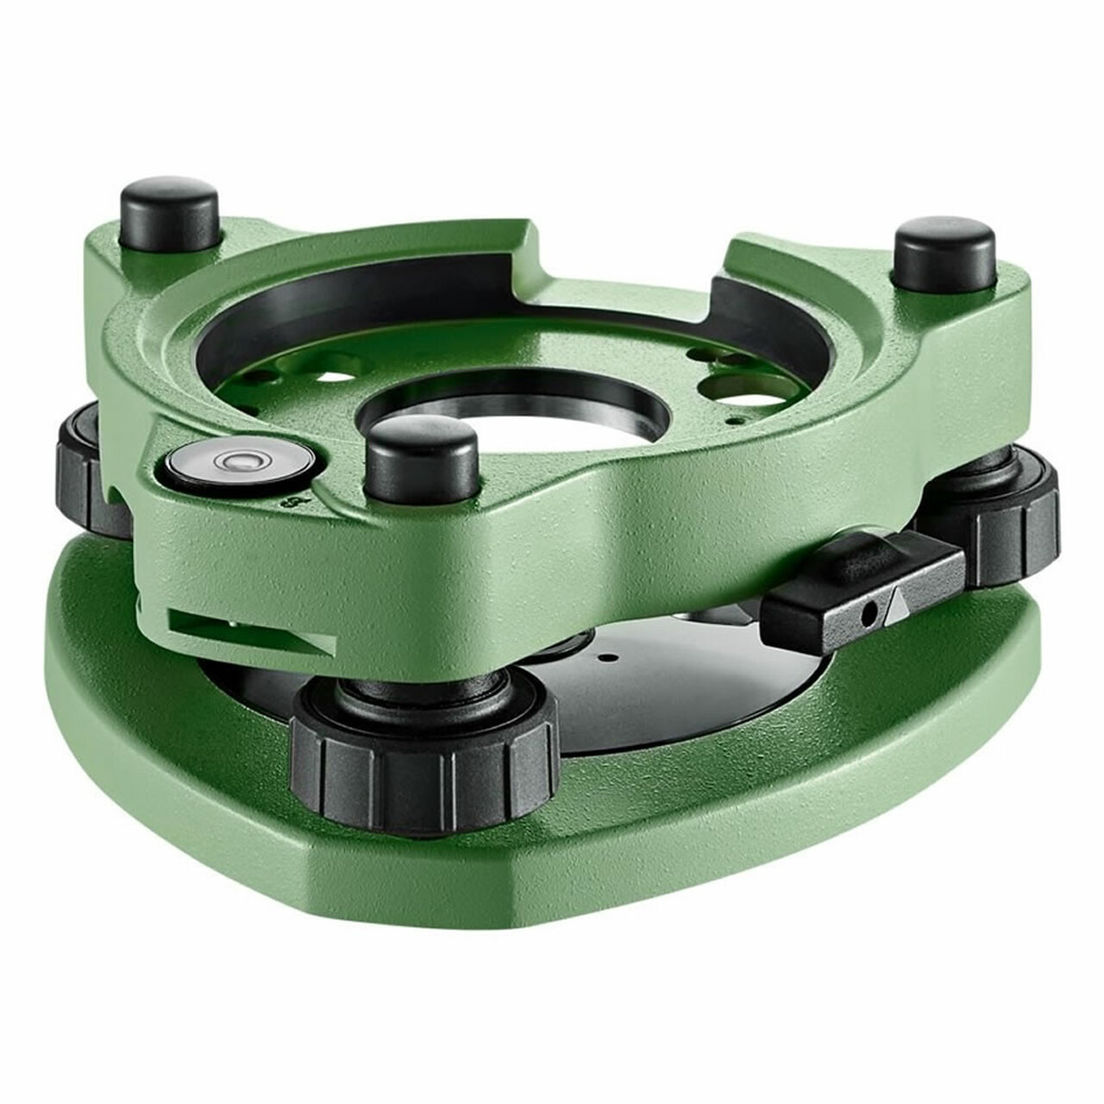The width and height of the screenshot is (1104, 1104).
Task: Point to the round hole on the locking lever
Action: pos(872,612)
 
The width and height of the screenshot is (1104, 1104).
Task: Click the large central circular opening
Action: pos(518,422)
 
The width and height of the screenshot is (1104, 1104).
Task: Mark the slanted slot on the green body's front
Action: pos(250,630)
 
